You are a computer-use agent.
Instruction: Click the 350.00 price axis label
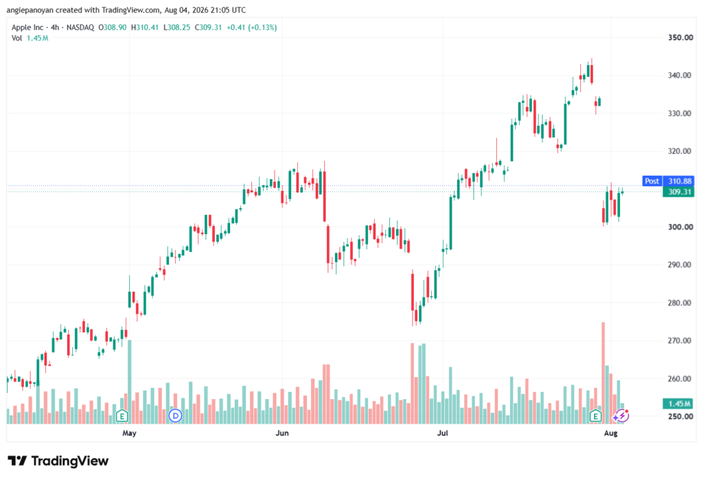(x=680, y=38)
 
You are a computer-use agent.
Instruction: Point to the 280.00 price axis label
(x=680, y=303)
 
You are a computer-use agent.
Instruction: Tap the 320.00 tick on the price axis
(x=680, y=151)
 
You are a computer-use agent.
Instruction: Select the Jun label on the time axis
(x=282, y=433)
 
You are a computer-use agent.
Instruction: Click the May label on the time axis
(x=129, y=433)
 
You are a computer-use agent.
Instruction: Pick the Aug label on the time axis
(x=610, y=433)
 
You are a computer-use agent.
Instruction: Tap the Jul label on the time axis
(x=443, y=433)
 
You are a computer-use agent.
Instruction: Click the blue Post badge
(x=652, y=181)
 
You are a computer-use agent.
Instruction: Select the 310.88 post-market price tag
(x=679, y=181)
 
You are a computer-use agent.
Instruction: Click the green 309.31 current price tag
(x=679, y=192)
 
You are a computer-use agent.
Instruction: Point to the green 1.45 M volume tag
(x=679, y=404)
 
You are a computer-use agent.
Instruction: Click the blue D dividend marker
(x=175, y=416)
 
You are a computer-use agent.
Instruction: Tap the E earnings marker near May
(x=122, y=416)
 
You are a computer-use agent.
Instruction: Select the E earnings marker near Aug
(x=595, y=416)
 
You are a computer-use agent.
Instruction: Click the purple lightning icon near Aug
(x=621, y=416)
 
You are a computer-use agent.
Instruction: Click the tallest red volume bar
(x=603, y=373)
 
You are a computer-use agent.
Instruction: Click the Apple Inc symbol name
(x=27, y=27)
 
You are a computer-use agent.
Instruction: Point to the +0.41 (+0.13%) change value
(x=251, y=27)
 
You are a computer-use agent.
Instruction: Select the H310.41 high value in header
(x=145, y=27)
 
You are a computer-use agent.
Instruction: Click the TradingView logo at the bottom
(x=58, y=461)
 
